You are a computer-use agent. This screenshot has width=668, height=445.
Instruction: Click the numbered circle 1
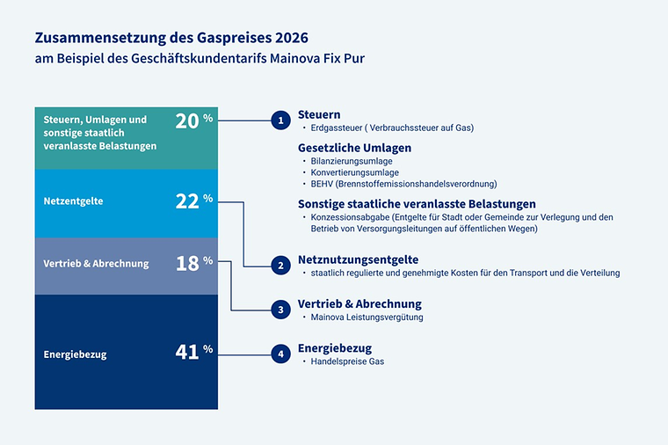click(280, 120)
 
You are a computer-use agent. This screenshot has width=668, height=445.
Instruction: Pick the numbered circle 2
click(280, 265)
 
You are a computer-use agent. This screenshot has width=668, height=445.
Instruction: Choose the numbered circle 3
click(280, 310)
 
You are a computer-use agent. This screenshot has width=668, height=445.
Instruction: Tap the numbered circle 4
click(280, 354)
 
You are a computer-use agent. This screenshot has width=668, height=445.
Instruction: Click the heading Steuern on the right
click(319, 114)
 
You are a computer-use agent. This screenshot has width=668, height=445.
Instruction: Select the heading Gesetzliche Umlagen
click(354, 148)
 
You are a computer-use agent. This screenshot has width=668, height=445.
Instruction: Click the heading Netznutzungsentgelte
click(358, 259)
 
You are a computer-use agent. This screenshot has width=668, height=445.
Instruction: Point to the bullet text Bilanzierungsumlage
click(352, 162)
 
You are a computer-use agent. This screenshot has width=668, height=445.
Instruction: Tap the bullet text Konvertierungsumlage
click(354, 173)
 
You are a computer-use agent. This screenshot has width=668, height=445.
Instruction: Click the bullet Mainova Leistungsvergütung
click(367, 317)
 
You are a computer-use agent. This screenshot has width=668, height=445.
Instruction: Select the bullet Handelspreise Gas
click(347, 361)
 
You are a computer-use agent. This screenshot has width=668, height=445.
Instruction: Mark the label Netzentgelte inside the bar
click(73, 201)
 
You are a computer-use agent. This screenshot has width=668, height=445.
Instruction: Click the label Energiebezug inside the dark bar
click(75, 354)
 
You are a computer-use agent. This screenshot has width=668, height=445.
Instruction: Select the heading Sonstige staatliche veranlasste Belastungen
click(417, 203)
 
